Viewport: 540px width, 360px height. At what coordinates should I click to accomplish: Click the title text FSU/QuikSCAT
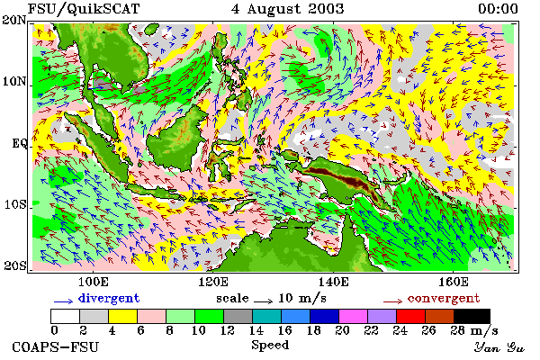(x=84, y=9)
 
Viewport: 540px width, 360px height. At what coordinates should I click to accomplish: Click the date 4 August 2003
(x=288, y=9)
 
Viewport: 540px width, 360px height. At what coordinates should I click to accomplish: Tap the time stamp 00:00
(x=498, y=9)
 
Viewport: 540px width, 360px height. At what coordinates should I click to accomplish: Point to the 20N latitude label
(x=14, y=21)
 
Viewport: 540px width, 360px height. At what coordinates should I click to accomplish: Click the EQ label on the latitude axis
(x=19, y=143)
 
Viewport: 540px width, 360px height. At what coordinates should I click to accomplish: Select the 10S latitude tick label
(x=15, y=204)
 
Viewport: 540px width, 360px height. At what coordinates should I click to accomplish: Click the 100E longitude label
(x=94, y=282)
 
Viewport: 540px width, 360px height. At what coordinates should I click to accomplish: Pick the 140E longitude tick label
(x=333, y=282)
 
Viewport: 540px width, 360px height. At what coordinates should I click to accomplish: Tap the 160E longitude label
(x=454, y=282)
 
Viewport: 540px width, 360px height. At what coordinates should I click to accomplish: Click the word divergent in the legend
(x=109, y=298)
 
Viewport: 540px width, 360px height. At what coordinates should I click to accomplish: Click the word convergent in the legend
(x=444, y=298)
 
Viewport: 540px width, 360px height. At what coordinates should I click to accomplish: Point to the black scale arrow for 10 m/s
(x=263, y=301)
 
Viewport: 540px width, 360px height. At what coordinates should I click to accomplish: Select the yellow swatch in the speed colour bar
(x=123, y=316)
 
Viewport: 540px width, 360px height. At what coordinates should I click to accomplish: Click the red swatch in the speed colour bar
(x=411, y=316)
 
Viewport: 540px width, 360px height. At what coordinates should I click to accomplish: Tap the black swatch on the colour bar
(x=472, y=316)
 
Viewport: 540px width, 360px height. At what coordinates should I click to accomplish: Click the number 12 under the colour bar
(x=227, y=330)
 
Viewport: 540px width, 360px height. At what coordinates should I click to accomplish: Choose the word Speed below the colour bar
(x=270, y=346)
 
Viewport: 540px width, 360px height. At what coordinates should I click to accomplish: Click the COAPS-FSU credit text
(x=55, y=346)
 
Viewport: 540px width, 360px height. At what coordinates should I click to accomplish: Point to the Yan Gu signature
(x=499, y=347)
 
